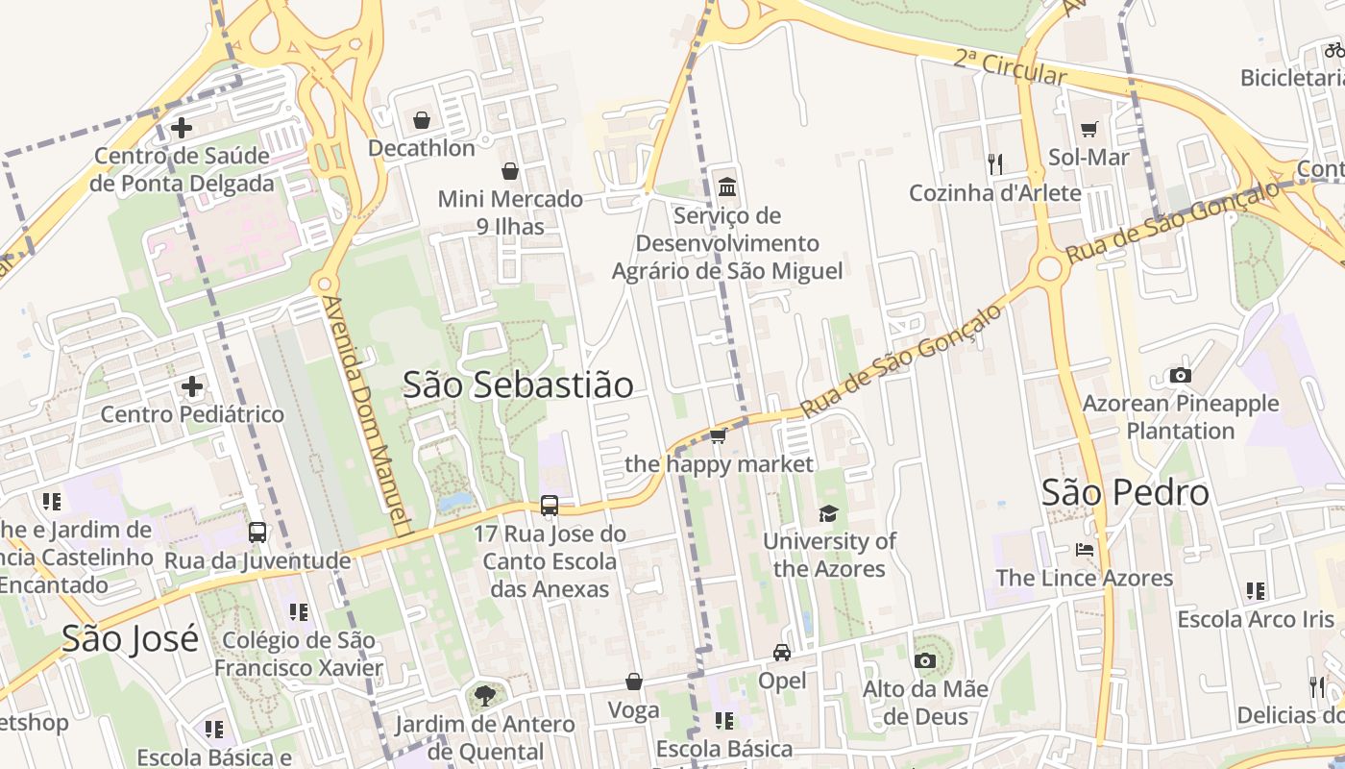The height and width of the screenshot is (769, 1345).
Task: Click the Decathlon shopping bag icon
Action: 421,120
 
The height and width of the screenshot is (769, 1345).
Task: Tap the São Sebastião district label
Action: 518,384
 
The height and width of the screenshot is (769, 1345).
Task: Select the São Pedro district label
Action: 1125,492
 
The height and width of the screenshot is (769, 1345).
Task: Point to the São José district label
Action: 130,638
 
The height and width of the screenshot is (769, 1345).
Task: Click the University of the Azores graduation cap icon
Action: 828,513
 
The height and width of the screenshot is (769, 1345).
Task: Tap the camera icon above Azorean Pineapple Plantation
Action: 1180,375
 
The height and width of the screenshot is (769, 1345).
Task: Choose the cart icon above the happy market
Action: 718,436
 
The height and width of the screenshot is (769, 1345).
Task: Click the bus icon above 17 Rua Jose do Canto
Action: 550,505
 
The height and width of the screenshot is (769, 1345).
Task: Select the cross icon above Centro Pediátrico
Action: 192,386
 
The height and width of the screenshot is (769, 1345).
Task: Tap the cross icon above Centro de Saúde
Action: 181,127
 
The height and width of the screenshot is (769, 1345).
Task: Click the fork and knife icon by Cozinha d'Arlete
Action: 994,164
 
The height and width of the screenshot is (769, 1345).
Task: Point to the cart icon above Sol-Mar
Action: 1088,129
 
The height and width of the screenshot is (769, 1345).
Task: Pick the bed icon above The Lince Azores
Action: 1085,550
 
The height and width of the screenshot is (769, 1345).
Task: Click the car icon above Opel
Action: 782,653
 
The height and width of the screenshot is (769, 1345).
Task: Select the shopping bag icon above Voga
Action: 634,682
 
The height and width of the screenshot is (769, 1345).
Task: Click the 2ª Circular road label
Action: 1011,66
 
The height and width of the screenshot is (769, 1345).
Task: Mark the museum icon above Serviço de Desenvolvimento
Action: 727,186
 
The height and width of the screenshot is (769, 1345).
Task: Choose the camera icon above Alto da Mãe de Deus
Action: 925,660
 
